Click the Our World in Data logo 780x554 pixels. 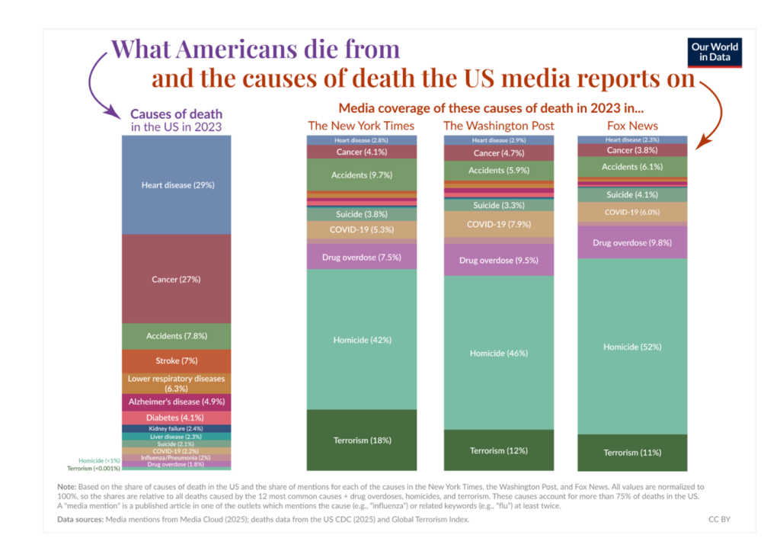pyautogui.click(x=714, y=52)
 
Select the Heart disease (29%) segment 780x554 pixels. pyautogui.click(x=177, y=184)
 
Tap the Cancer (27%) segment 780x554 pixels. pyautogui.click(x=177, y=279)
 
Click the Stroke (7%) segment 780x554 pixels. pyautogui.click(x=177, y=360)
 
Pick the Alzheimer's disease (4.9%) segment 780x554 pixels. pyautogui.click(x=177, y=401)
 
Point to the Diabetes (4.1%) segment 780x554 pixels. pyautogui.click(x=177, y=418)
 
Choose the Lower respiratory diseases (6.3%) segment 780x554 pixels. pyautogui.click(x=177, y=383)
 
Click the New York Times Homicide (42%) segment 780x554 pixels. pyautogui.click(x=362, y=339)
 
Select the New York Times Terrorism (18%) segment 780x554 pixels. pyautogui.click(x=362, y=440)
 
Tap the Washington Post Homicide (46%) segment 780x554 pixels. pyautogui.click(x=498, y=353)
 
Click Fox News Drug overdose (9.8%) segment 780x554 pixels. pyautogui.click(x=632, y=242)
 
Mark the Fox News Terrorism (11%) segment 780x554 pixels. pyautogui.click(x=632, y=453)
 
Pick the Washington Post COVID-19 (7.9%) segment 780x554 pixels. pyautogui.click(x=498, y=224)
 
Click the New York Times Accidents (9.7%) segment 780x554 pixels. pyautogui.click(x=362, y=175)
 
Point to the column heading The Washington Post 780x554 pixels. pyautogui.click(x=498, y=125)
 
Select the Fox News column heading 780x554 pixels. pyautogui.click(x=632, y=125)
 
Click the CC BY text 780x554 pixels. pyautogui.click(x=719, y=519)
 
